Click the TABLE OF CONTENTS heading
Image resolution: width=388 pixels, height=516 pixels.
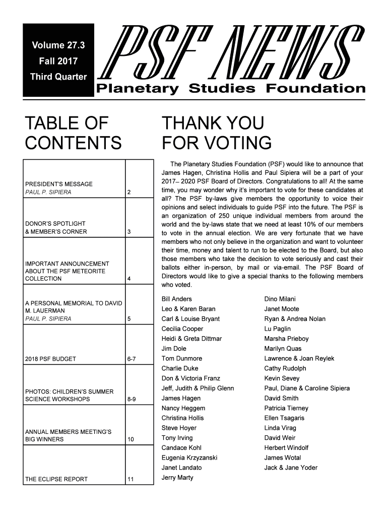tap(73, 133)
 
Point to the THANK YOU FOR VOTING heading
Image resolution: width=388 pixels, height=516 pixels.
tap(217, 133)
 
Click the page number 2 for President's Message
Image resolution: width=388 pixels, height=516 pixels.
tap(130, 192)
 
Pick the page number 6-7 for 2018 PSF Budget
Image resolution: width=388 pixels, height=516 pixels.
tap(133, 359)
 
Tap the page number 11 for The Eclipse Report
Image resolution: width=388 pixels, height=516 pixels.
tap(131, 479)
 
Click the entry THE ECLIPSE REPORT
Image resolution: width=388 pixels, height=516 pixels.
tap(56, 479)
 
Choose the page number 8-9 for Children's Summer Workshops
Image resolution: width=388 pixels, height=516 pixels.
tap(133, 400)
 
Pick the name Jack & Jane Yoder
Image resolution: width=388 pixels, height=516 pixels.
tap(291, 468)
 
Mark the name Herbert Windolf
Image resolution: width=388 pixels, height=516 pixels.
tap(286, 447)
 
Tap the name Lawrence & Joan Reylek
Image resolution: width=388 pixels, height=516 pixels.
tap(299, 359)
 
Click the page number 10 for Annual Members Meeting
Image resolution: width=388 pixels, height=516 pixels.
tap(131, 439)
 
